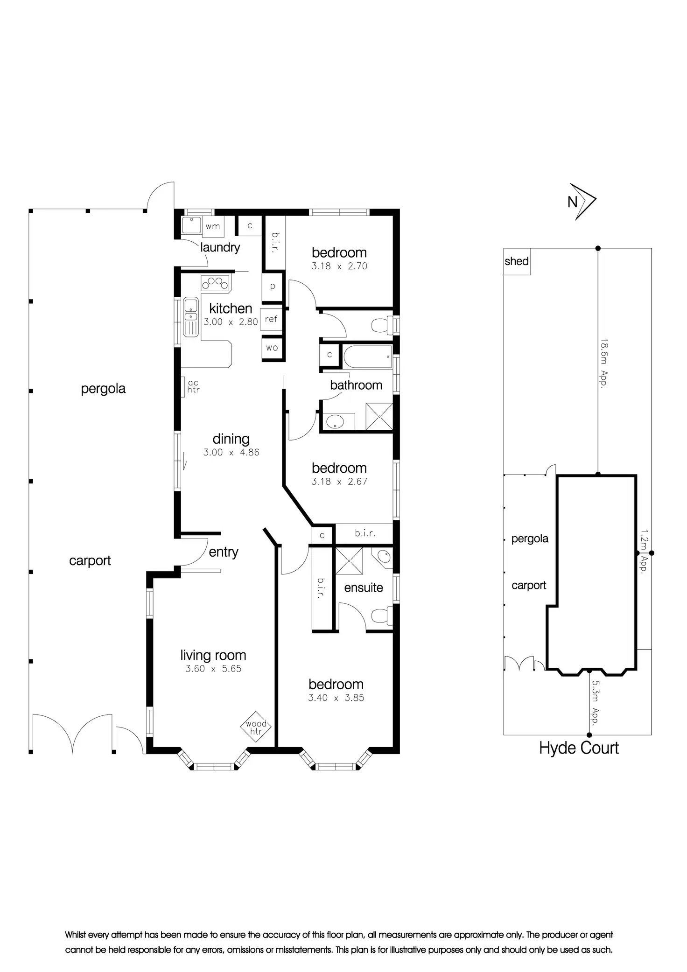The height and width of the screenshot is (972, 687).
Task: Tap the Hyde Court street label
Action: pyautogui.click(x=579, y=748)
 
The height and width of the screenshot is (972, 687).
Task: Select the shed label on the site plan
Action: pyautogui.click(x=517, y=261)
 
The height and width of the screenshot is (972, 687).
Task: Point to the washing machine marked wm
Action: pyautogui.click(x=213, y=227)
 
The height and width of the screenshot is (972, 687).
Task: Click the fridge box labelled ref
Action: pyautogui.click(x=271, y=319)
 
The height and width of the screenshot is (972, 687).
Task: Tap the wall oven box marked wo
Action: pyautogui.click(x=272, y=348)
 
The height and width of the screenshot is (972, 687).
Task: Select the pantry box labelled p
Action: pyautogui.click(x=273, y=287)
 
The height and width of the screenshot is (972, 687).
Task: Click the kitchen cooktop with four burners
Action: pyautogui.click(x=215, y=282)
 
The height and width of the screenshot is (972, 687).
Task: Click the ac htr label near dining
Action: pyautogui.click(x=193, y=386)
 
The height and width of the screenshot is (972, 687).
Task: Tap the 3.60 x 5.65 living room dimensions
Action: pyautogui.click(x=213, y=669)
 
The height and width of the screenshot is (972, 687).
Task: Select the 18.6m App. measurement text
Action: pyautogui.click(x=604, y=364)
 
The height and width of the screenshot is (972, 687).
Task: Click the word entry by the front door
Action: pyautogui.click(x=224, y=552)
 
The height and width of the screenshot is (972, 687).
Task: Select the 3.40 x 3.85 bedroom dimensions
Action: pyautogui.click(x=336, y=698)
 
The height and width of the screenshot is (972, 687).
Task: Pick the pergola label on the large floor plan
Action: pyautogui.click(x=103, y=389)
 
